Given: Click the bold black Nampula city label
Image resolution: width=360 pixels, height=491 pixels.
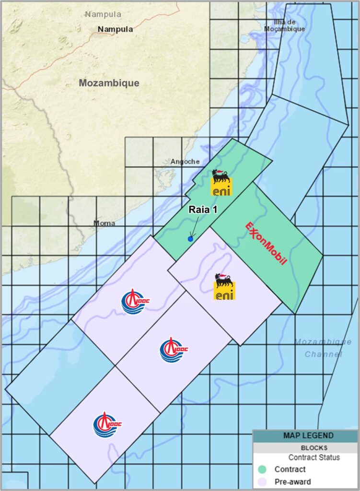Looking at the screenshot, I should (x=115, y=29).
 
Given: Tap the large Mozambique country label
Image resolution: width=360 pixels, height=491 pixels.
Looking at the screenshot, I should (x=109, y=83).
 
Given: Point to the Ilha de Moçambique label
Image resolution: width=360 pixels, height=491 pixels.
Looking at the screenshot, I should (x=285, y=25).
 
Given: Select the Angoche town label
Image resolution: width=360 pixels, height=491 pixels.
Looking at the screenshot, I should (x=185, y=162).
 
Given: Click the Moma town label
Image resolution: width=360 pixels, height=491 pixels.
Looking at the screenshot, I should (x=104, y=223).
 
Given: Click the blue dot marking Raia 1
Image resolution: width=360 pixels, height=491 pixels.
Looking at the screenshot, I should (x=190, y=238).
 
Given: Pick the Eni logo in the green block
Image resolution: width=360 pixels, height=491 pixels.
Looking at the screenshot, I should (x=221, y=183).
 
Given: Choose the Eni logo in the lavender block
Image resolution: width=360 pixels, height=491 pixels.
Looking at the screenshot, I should (x=224, y=287).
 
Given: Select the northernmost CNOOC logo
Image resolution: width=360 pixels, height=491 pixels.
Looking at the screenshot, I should (x=134, y=302).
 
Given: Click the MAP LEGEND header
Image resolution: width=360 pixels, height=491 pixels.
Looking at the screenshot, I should (x=305, y=436).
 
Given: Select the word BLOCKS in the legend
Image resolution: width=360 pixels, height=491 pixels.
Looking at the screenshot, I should (x=305, y=447).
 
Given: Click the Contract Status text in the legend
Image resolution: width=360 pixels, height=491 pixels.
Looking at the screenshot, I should (x=314, y=457).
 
